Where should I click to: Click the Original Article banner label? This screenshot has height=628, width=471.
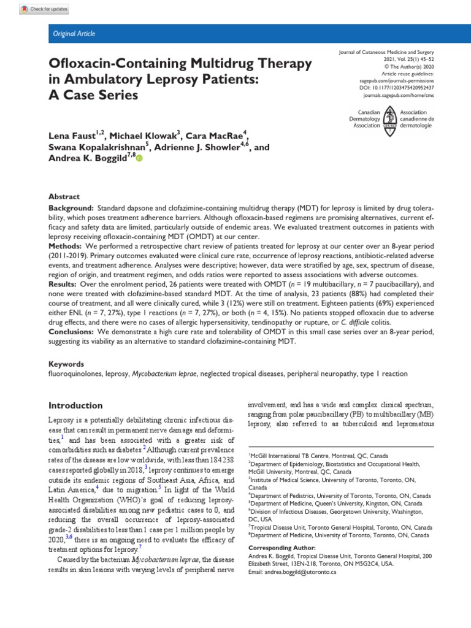[x=74, y=34]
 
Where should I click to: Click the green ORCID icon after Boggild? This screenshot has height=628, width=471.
[x=139, y=159]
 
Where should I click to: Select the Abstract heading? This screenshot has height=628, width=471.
[x=64, y=196]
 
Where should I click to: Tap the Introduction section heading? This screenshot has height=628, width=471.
[x=76, y=405]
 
